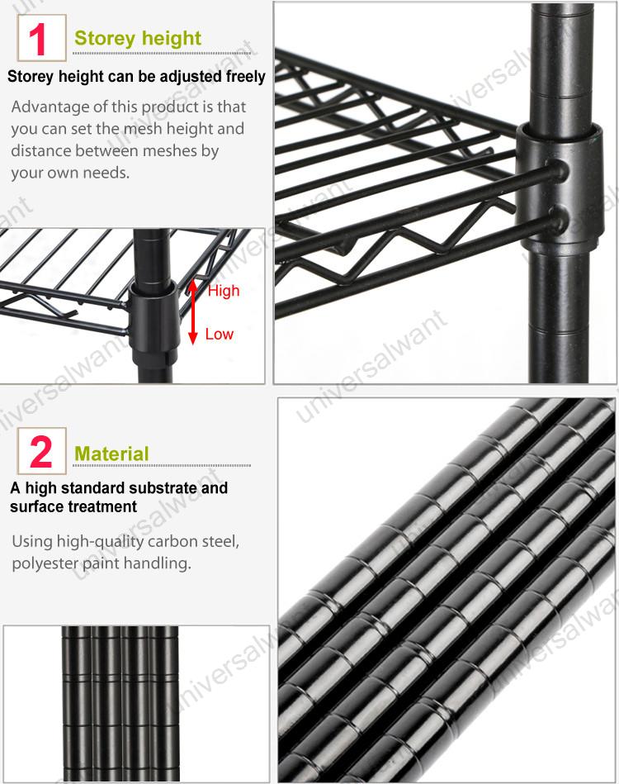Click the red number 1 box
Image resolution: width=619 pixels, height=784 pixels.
(x=39, y=38)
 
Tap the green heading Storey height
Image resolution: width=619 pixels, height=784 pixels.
(x=138, y=38)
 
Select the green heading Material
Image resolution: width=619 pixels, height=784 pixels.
(x=111, y=454)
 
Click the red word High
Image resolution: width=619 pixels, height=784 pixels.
(x=223, y=291)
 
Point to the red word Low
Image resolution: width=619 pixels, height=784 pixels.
(x=219, y=335)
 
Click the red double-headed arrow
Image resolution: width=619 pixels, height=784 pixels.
(x=192, y=311)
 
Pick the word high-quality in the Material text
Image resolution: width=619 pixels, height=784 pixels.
(x=98, y=542)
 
